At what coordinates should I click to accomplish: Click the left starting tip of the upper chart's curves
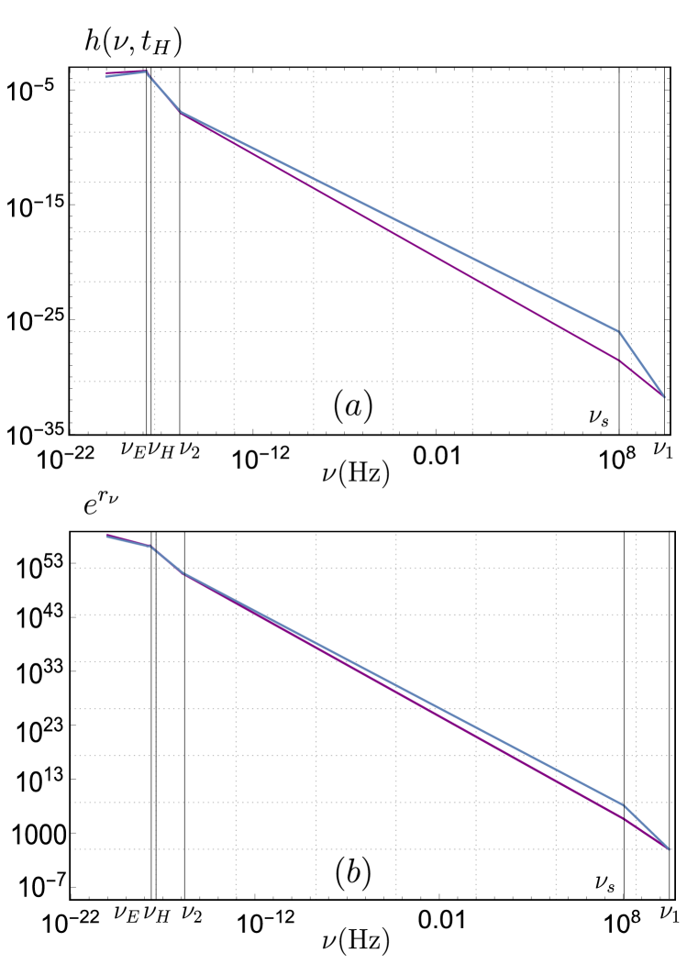click(x=106, y=74)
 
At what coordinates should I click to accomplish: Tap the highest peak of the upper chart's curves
click(x=147, y=71)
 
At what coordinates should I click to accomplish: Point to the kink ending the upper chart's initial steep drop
click(x=180, y=112)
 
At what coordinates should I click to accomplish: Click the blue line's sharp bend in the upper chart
click(x=619, y=331)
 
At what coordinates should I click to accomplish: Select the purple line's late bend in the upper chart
click(x=621, y=361)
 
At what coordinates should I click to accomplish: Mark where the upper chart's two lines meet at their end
click(x=663, y=396)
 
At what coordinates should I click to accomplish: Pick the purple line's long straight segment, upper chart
click(x=394, y=233)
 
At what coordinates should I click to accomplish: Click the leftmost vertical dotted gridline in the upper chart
click(x=154, y=275)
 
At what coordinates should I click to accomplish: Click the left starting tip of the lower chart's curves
click(x=107, y=535)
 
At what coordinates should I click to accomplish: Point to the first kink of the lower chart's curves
click(x=151, y=547)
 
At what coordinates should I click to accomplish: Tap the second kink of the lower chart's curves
click(x=183, y=573)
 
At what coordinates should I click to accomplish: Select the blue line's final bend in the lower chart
click(x=624, y=804)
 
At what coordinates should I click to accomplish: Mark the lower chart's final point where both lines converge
click(x=669, y=848)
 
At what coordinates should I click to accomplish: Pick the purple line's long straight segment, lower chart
click(x=394, y=688)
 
